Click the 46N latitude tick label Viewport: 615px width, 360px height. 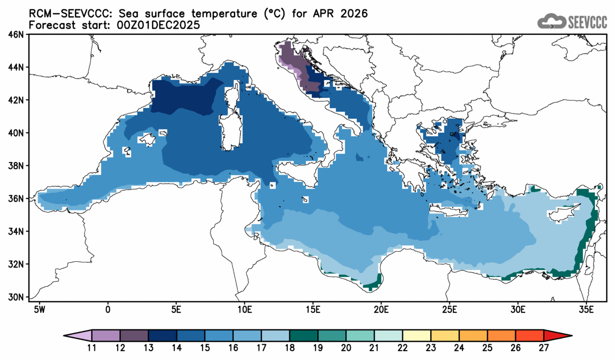point(16,35)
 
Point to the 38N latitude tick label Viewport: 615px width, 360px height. point(16,166)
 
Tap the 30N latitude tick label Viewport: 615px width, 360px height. point(16,297)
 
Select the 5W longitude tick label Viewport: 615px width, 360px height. point(39,308)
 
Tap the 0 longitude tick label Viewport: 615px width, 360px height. point(108,308)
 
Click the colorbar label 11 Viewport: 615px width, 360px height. point(92,348)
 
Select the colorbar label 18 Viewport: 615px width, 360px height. point(290,348)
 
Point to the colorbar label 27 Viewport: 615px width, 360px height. point(544,348)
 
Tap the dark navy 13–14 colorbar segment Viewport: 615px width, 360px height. point(163,335)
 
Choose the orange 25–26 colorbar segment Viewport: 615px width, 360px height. point(502,335)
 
